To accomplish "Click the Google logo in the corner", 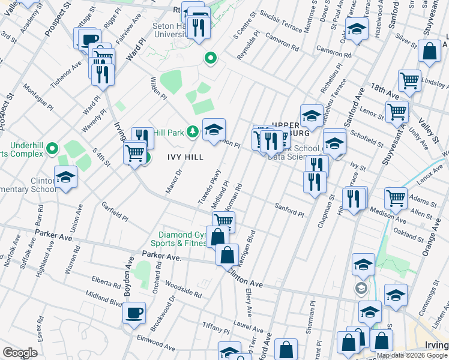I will [x=20, y=353].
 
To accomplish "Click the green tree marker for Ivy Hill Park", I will [x=193, y=131].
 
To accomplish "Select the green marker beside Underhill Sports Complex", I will [x=52, y=148].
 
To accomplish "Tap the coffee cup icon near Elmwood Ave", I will [x=134, y=312].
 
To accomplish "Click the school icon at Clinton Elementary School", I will [x=66, y=176].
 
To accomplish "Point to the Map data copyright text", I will [x=412, y=355].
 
